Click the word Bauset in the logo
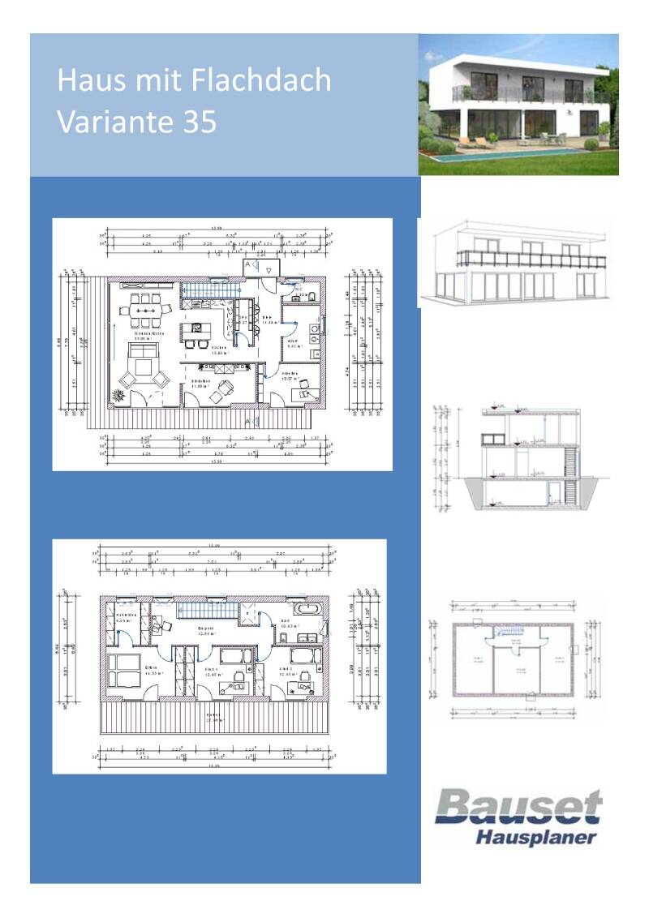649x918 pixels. click(x=519, y=808)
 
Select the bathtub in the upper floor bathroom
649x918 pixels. click(x=307, y=608)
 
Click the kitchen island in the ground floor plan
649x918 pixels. click(x=196, y=331)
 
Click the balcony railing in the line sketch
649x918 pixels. click(x=531, y=260)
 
